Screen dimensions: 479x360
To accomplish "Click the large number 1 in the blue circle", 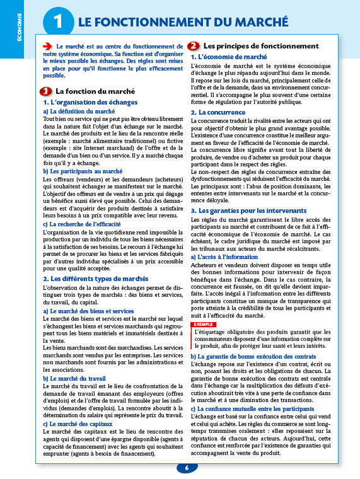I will [x=58, y=22].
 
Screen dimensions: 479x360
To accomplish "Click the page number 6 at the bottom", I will [x=187, y=468].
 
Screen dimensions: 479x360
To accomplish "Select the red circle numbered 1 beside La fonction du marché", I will [x=46, y=91].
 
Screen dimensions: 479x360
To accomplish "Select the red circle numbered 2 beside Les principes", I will [x=194, y=46].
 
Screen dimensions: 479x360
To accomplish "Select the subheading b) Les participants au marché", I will [x=83, y=171].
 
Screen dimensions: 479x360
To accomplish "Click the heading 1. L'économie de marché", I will [x=229, y=57].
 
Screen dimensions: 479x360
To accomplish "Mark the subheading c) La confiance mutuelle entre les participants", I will [x=252, y=391].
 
